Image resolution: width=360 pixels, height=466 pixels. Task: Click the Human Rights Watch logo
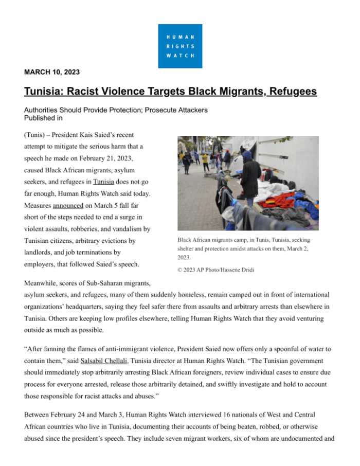click(x=180, y=46)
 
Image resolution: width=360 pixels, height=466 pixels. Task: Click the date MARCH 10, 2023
click(x=52, y=73)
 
